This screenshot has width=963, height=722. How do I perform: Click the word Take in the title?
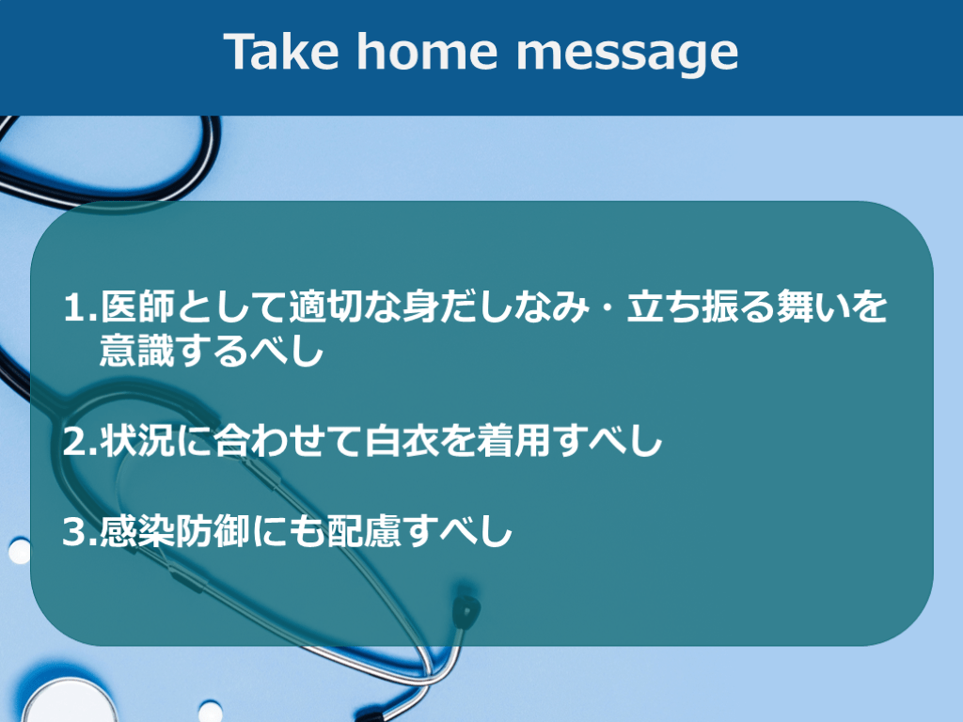[280, 52]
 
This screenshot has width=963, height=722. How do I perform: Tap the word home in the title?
[427, 52]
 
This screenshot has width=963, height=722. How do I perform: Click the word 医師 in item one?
[138, 306]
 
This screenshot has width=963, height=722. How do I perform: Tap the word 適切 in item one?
[326, 306]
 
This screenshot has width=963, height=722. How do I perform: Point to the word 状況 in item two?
[138, 440]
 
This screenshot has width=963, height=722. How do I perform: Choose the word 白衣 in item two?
[402, 440]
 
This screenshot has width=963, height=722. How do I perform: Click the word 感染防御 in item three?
[176, 531]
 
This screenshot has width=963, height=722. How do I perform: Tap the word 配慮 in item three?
[364, 531]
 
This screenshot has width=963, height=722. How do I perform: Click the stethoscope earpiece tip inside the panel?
[466, 610]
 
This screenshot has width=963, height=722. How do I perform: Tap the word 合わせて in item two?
[289, 440]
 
